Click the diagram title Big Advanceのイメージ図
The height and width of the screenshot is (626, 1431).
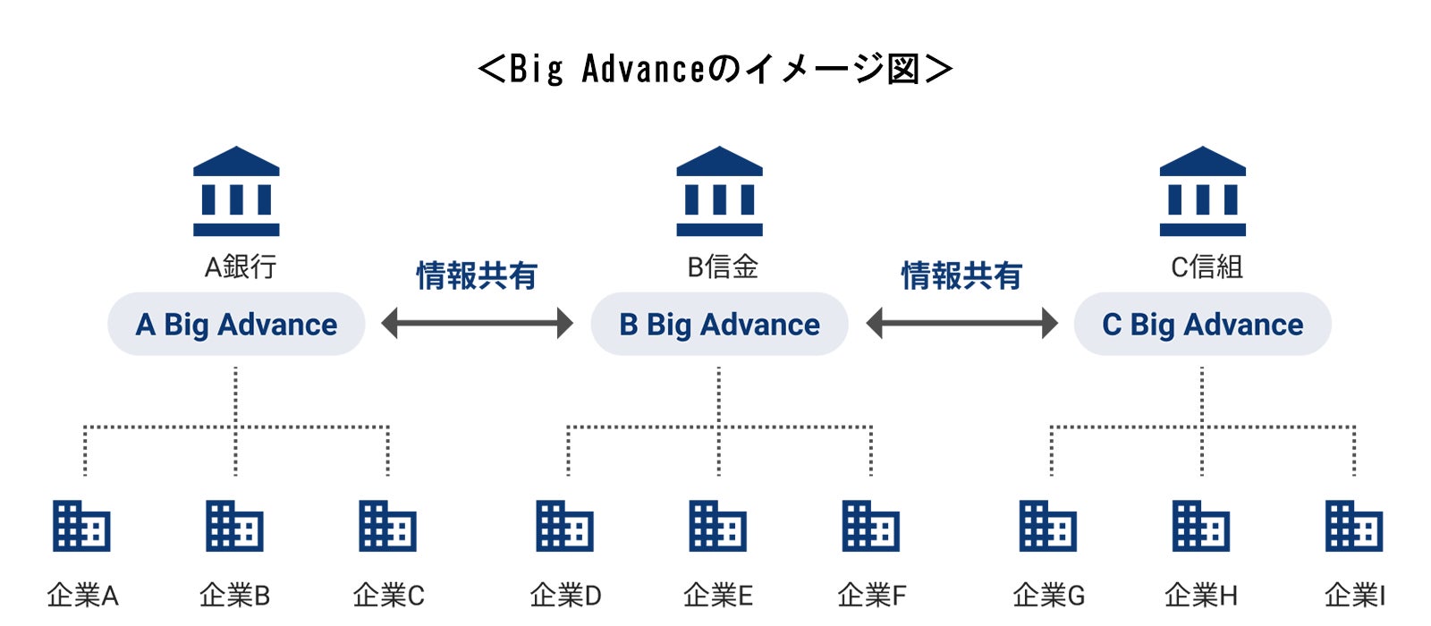tap(715, 69)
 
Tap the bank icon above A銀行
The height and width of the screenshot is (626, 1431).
tap(236, 191)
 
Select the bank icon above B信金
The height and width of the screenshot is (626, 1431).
tap(719, 191)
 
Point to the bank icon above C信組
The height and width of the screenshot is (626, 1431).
tap(1202, 191)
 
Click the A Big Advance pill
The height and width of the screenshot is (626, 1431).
tap(236, 324)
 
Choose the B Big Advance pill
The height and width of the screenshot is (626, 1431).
tap(719, 324)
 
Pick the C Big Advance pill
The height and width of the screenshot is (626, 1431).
tap(1202, 324)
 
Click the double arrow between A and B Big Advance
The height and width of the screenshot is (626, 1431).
tap(477, 323)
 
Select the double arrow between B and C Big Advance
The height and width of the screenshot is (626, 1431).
tap(961, 323)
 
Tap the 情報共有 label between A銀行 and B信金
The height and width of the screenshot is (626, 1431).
tap(477, 275)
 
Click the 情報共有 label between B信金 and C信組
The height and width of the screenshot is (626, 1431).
tap(961, 275)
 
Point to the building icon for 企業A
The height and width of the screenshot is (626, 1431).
tap(81, 526)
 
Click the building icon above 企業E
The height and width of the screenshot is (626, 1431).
tap(718, 526)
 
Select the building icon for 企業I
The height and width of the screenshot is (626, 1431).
tap(1354, 526)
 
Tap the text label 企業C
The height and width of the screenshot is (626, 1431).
tap(388, 595)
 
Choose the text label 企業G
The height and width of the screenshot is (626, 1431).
tap(1049, 595)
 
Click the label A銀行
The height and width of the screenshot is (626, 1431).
tap(241, 266)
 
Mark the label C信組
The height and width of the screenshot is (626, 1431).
tap(1207, 266)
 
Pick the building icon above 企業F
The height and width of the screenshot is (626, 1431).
tap(871, 526)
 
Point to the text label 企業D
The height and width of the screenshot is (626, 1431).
tap(565, 595)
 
